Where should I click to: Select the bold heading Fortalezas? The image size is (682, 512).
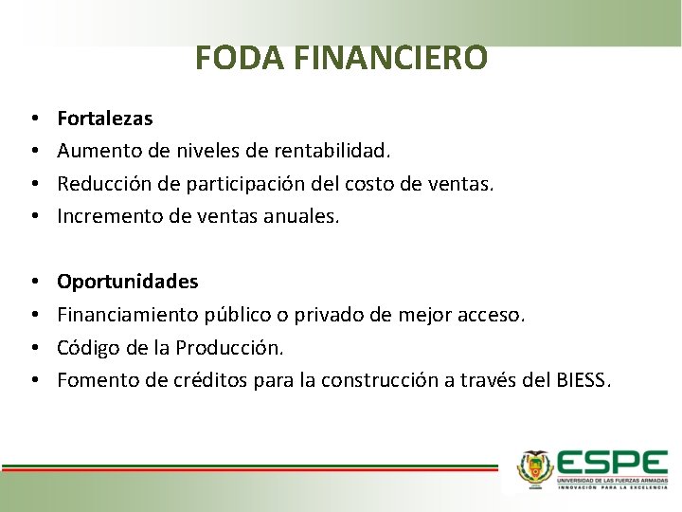point(104,119)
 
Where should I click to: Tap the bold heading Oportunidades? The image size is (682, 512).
point(128,282)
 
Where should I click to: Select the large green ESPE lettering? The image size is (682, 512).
point(612,462)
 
